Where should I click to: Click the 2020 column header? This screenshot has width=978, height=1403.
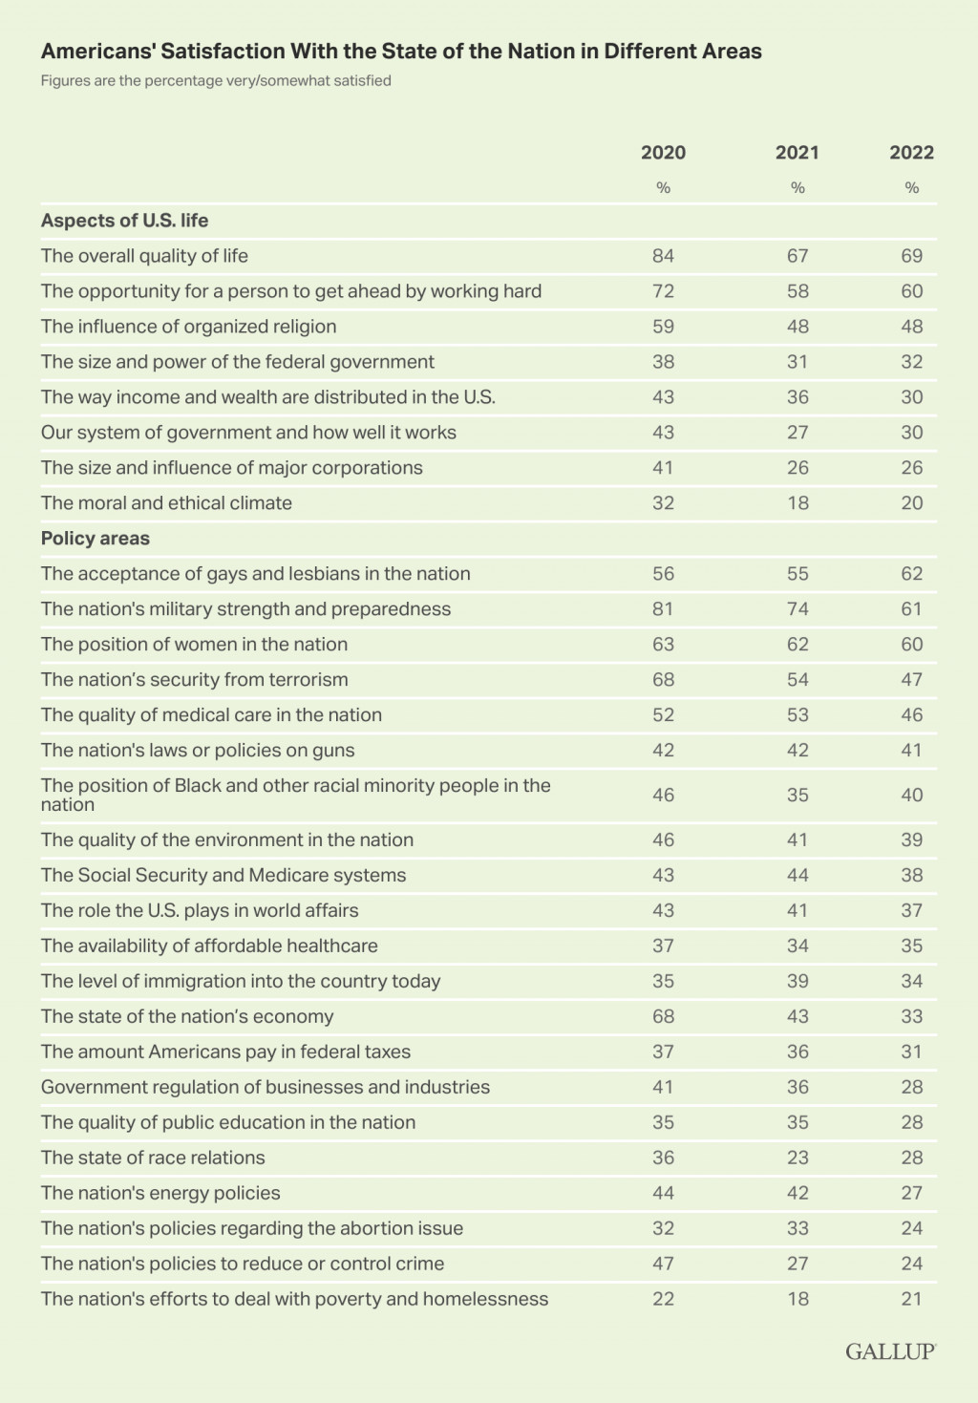tap(663, 153)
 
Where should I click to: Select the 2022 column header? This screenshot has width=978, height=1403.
tap(911, 153)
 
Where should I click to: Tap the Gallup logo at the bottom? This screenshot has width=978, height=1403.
tap(890, 1350)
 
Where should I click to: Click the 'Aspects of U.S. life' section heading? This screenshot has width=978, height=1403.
tap(124, 221)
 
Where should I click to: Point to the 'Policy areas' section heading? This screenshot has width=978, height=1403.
tap(96, 539)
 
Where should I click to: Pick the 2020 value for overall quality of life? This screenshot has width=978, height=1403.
tap(663, 256)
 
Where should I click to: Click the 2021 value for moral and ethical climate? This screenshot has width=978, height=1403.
tap(797, 503)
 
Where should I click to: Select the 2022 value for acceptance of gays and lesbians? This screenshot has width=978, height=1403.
tap(911, 574)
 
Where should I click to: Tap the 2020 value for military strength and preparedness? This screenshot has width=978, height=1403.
tap(663, 609)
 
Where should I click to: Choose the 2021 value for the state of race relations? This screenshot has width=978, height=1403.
tap(797, 1158)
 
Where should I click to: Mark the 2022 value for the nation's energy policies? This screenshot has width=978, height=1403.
tap(911, 1193)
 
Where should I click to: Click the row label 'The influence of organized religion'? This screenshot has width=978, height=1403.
tap(188, 327)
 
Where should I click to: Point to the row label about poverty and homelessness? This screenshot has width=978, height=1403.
tap(294, 1299)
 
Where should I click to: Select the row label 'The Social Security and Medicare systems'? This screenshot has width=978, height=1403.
tap(223, 875)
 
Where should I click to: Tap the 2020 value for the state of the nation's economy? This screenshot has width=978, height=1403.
tap(663, 1016)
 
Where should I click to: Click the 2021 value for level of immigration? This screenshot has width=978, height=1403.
tap(797, 981)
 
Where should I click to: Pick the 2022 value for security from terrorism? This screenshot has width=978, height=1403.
tap(911, 680)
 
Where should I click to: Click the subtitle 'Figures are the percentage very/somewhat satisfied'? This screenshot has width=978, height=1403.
tap(216, 81)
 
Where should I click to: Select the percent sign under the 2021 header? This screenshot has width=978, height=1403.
tap(797, 188)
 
